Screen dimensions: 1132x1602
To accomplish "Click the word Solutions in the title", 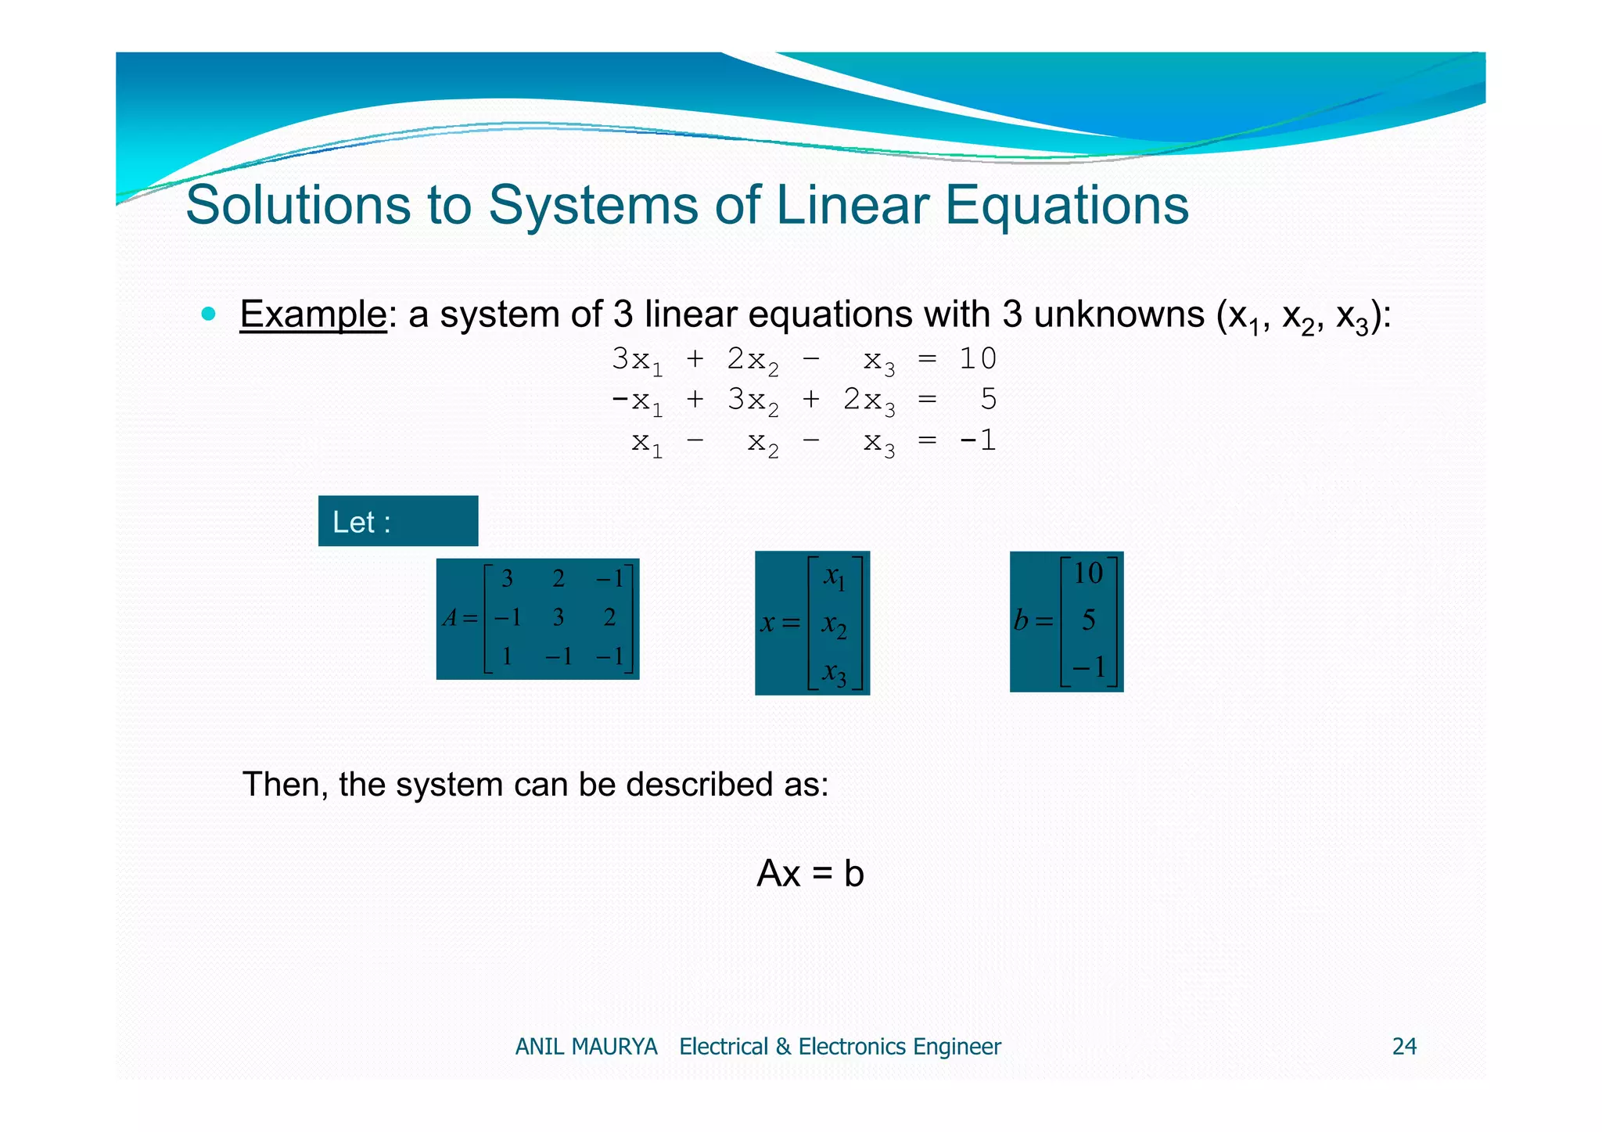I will click(296, 205).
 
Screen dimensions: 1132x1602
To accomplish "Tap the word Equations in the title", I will click(1067, 207).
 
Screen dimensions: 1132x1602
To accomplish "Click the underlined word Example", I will click(313, 314).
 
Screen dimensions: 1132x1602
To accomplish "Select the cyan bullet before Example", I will click(208, 314).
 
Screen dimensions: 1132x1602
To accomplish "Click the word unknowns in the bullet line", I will click(1118, 314).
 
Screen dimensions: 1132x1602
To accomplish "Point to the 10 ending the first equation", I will click(978, 359).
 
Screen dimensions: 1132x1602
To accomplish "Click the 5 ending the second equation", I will click(989, 400).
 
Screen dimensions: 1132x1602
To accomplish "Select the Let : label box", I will click(398, 521).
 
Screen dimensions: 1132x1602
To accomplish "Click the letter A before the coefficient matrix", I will click(450, 619).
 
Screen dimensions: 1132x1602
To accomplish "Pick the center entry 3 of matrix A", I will click(559, 618).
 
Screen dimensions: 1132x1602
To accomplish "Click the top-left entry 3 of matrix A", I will click(507, 579).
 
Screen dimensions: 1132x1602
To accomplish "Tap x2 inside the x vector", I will click(834, 625).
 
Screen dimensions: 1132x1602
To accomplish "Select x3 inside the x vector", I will click(835, 673).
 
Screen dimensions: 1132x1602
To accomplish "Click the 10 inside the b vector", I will click(1088, 573).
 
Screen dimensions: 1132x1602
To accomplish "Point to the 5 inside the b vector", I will click(1088, 621).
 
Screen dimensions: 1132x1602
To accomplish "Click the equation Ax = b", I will click(810, 874).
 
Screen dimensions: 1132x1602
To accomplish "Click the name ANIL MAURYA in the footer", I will click(586, 1047).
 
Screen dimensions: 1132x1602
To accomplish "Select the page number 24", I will click(1404, 1047).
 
